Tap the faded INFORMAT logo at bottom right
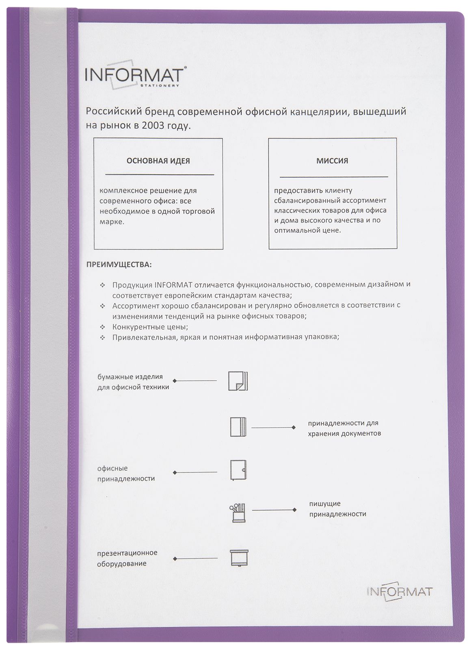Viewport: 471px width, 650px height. coord(399,591)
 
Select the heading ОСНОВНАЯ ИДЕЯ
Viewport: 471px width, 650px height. coord(158,161)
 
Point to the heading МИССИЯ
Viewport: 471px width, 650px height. coord(332,161)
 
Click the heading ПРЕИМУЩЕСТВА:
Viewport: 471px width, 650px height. coord(119,265)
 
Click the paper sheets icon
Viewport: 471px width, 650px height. coord(238,381)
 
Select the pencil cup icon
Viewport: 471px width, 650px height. coord(238,513)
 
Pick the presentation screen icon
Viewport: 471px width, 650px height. coord(238,557)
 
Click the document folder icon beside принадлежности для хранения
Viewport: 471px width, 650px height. coord(238,427)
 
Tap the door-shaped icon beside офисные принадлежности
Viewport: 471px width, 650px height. coord(238,470)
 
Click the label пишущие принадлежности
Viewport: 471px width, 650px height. coord(337,509)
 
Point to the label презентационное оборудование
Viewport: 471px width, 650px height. coord(127,558)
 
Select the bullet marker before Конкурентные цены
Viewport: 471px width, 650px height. coord(103,327)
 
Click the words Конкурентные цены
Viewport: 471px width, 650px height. coord(150,327)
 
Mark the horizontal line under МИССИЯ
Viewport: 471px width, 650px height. coord(333,177)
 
